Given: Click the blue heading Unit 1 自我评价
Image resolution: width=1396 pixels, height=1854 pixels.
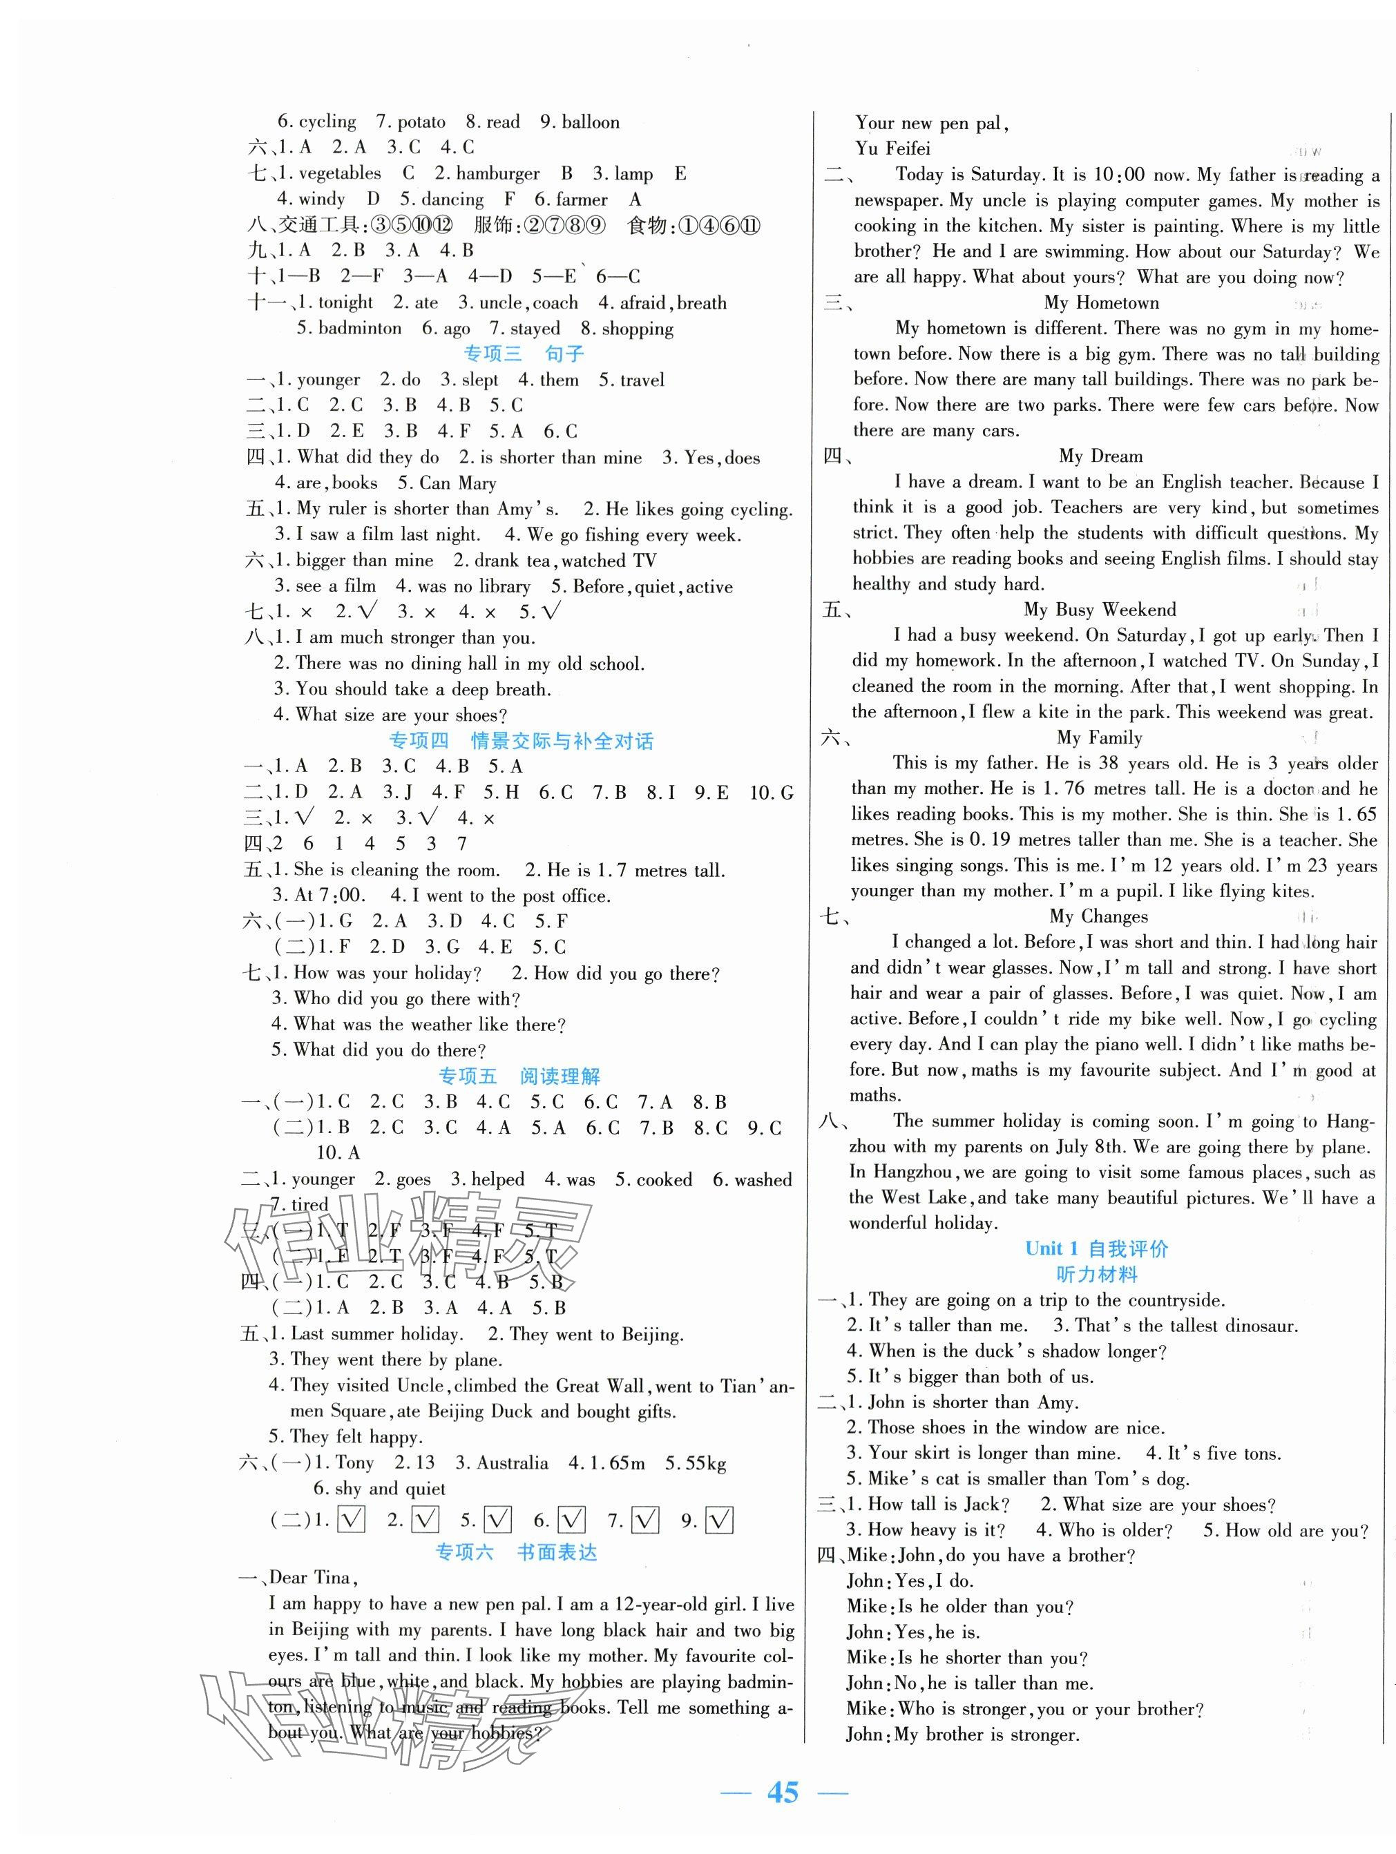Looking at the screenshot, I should tap(1096, 1249).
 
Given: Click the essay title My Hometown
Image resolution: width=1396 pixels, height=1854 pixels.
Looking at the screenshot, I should tap(1101, 302).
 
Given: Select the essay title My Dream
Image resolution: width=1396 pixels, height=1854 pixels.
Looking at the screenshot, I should tap(1100, 456).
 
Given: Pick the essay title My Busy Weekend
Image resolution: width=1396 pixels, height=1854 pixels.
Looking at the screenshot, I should tap(1099, 609).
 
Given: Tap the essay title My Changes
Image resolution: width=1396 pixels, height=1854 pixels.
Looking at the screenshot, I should tap(1098, 916).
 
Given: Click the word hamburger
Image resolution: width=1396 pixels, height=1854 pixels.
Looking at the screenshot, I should tap(498, 173).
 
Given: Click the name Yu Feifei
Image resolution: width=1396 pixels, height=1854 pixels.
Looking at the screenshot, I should tap(892, 149).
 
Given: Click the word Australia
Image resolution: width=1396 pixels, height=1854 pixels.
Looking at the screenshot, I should tap(513, 1463).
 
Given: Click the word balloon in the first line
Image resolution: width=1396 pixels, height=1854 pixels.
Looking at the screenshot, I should tap(591, 122).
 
